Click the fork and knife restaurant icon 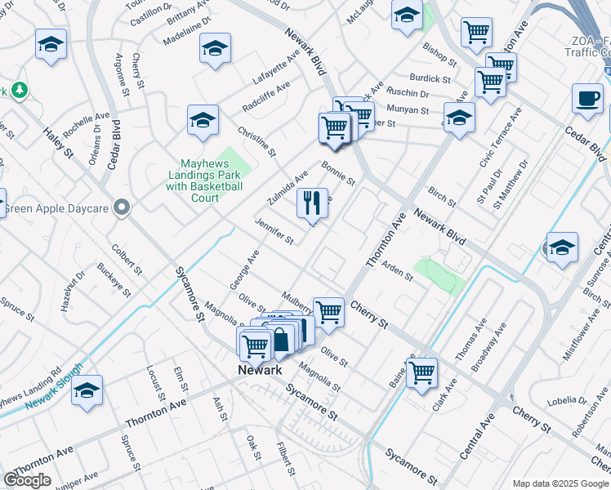(x=312, y=203)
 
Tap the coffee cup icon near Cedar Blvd (x=586, y=99)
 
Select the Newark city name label (x=259, y=370)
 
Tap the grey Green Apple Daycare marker (x=123, y=208)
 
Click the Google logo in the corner (x=27, y=480)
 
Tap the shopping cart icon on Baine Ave (x=422, y=372)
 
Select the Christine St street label (x=256, y=141)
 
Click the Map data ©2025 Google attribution (x=560, y=483)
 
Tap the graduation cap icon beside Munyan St (x=458, y=118)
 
